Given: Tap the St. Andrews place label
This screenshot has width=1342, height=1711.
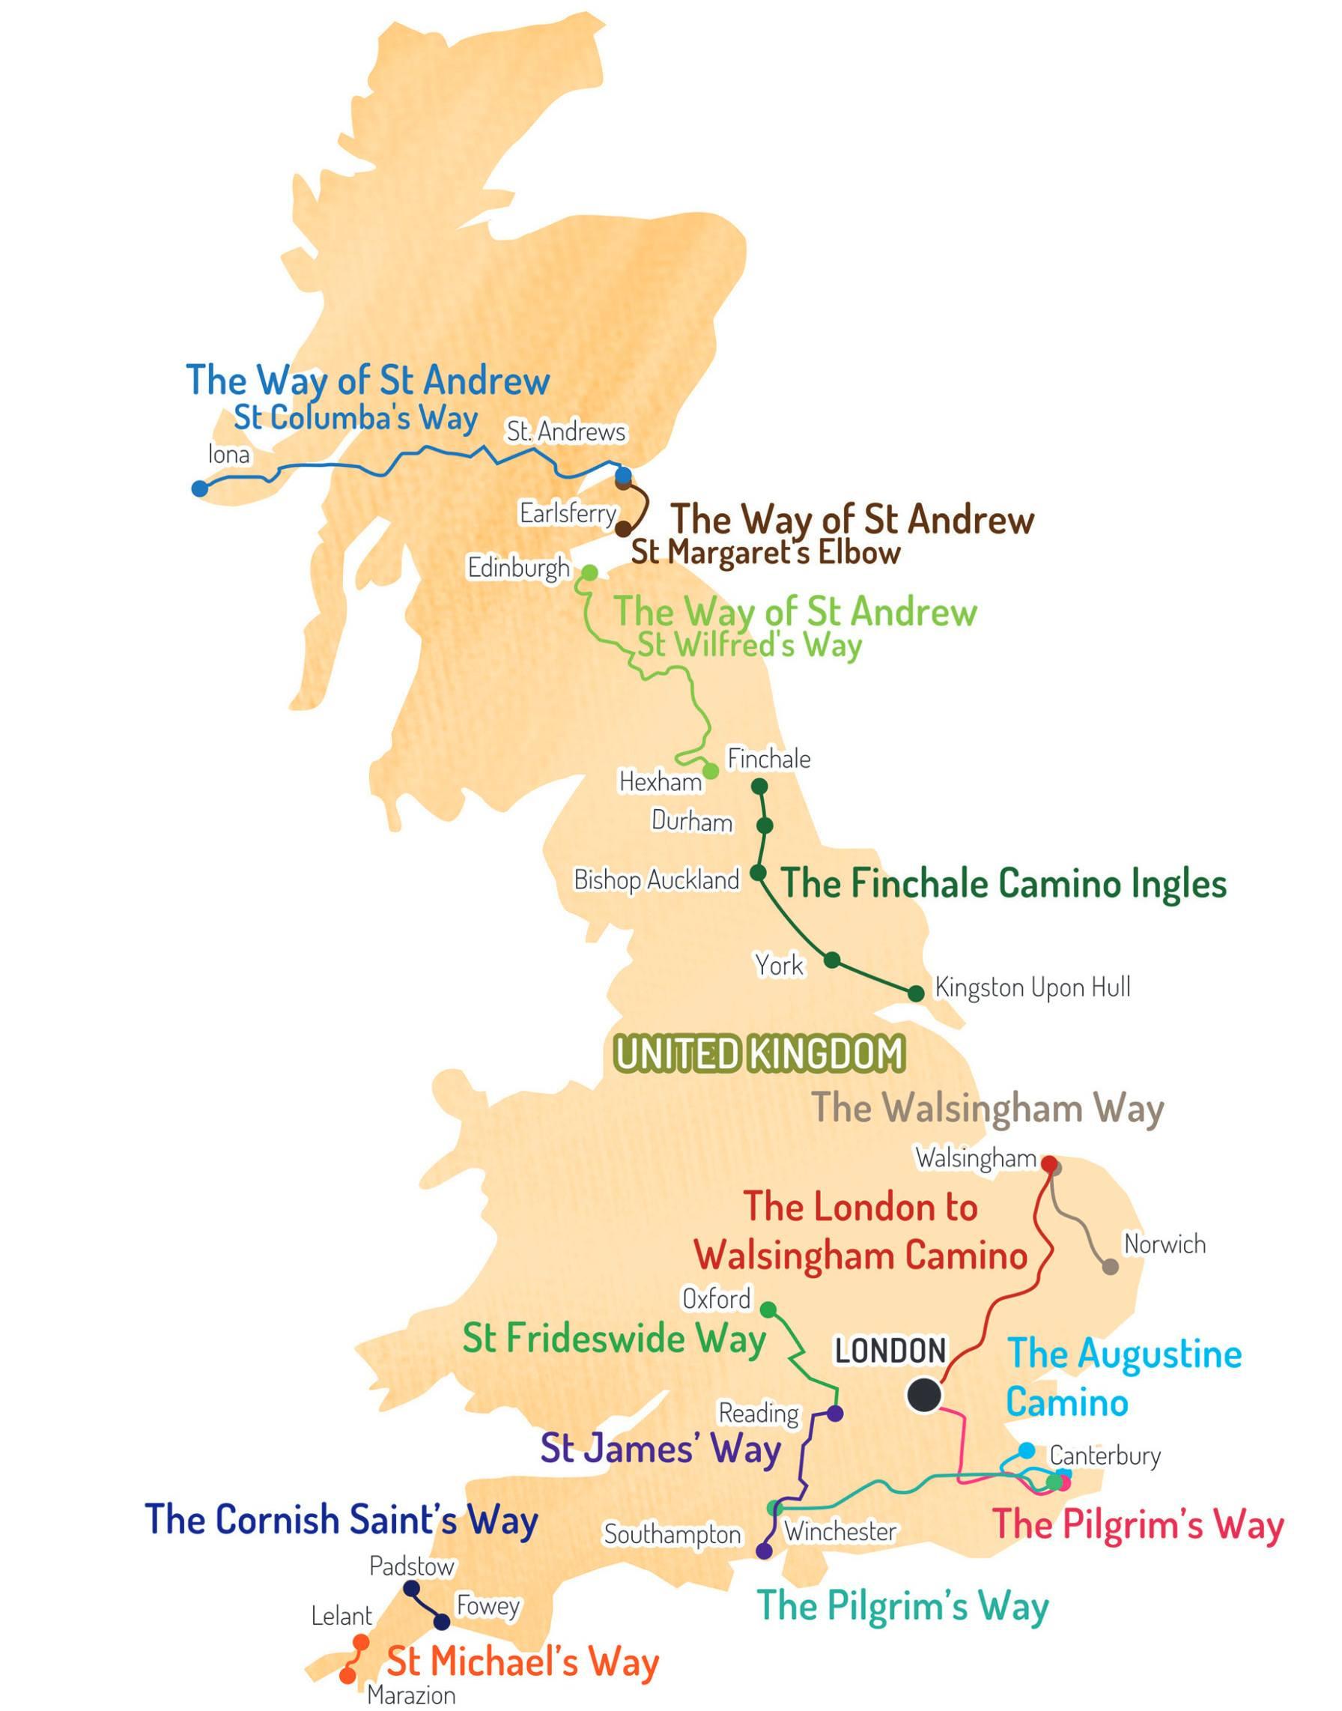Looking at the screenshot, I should pos(565,431).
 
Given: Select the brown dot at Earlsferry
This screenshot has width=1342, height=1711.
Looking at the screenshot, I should pos(622,528).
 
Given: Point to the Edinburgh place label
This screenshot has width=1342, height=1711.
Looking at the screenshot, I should pos(518,567).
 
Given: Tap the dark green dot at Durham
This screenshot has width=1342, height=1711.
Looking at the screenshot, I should pos(765,826).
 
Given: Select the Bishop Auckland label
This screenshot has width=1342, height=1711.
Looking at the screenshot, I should pos(657,879).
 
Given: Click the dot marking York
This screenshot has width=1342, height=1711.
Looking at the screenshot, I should pos(832,960).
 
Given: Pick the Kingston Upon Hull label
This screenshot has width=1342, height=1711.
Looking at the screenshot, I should pos(1033,988).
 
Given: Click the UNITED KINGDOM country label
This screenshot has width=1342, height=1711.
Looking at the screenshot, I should pos(759,1055).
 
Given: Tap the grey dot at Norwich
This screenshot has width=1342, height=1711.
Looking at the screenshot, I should pos(1110,1267).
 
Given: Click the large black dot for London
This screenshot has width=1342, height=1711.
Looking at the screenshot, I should pos(923,1396).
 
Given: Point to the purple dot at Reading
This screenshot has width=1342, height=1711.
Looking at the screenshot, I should pos(835,1413).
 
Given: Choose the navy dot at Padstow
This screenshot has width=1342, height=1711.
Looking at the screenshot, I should pos(411,1588).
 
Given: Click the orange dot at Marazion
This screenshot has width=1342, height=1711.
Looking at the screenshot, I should pos(347,1676).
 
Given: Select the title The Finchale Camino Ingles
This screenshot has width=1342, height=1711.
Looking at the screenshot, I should pos(1004,883).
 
